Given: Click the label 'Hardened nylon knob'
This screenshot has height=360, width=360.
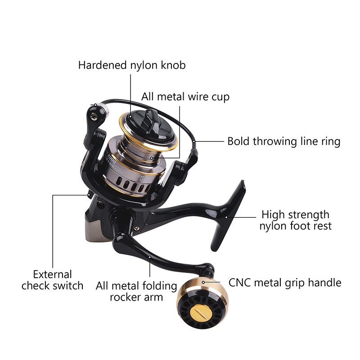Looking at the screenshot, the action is [132, 65].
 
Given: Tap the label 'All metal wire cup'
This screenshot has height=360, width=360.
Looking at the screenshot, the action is [185, 97].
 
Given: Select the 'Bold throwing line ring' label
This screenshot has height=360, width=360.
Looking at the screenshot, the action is [284, 141].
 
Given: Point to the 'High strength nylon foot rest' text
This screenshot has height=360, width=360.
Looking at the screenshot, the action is [296, 220].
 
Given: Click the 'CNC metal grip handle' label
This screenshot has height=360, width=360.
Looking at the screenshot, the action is [285, 283].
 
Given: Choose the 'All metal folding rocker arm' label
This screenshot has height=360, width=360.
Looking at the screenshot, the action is [136, 291].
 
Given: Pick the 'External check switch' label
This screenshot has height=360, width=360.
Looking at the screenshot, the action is [52, 280].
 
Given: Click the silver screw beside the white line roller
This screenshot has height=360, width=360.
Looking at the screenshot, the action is [93, 117].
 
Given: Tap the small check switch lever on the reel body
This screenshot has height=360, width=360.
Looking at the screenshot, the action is [90, 195].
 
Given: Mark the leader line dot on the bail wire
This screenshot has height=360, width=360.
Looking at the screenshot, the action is [194, 141].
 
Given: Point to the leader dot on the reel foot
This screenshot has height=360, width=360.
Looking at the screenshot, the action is [226, 217].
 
